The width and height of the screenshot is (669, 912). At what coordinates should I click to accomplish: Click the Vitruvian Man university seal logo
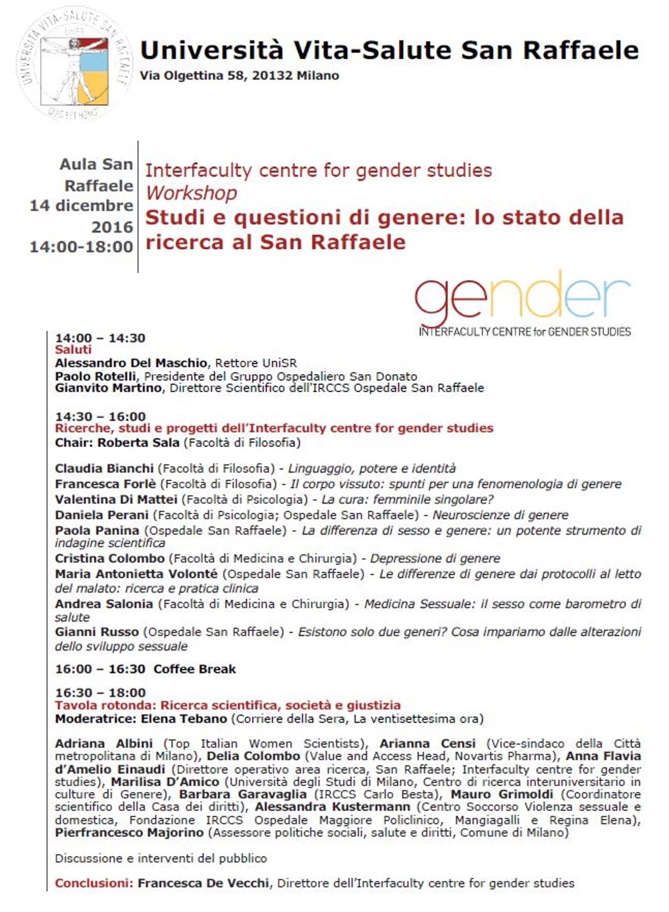pyautogui.click(x=75, y=63)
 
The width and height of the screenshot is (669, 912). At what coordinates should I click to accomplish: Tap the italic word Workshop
pyautogui.click(x=191, y=193)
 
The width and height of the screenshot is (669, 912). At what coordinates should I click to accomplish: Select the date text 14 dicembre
pyautogui.click(x=82, y=206)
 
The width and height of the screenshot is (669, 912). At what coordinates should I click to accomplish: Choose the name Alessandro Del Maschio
pyautogui.click(x=131, y=363)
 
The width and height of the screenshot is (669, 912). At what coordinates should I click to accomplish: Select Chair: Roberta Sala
pyautogui.click(x=117, y=443)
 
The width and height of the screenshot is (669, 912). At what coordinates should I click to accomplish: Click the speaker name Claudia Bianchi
pyautogui.click(x=104, y=469)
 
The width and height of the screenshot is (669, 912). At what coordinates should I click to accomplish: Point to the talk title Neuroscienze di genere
pyautogui.click(x=500, y=515)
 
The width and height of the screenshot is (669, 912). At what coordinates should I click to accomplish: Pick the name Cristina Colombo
pyautogui.click(x=110, y=559)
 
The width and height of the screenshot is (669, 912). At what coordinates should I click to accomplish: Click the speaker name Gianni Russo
pyautogui.click(x=97, y=632)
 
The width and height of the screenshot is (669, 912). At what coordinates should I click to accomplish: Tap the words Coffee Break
pyautogui.click(x=194, y=669)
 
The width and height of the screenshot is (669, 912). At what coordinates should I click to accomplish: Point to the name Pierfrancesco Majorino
pyautogui.click(x=129, y=833)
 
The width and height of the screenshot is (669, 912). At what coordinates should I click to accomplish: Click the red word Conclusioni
pyautogui.click(x=94, y=883)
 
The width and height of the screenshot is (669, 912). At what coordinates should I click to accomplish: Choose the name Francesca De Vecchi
pyautogui.click(x=203, y=883)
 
